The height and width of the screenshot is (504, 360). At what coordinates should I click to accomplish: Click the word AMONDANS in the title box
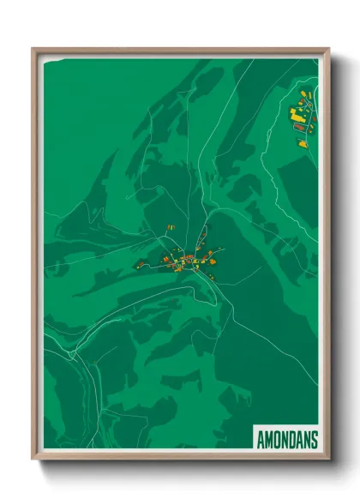286,440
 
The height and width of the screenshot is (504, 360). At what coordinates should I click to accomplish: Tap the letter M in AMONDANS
267,440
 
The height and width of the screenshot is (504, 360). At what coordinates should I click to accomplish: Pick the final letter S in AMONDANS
314,440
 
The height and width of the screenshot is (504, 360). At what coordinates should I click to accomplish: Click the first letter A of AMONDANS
259,440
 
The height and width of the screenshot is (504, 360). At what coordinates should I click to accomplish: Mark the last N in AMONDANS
306,440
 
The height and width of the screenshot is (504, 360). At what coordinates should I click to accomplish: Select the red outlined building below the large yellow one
299,126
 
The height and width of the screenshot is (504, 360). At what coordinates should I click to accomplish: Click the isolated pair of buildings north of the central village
171,227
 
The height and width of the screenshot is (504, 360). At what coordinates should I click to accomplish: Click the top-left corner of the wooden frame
33,49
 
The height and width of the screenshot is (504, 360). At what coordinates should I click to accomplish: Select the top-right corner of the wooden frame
328,49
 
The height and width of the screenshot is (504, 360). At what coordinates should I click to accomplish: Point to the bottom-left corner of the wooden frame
33,459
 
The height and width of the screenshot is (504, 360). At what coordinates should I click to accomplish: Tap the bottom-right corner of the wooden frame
328,459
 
